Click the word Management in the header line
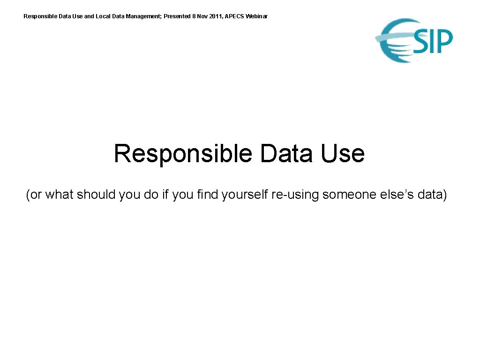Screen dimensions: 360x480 [143, 16]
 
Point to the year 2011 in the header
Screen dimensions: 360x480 [216, 16]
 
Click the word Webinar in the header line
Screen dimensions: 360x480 [257, 16]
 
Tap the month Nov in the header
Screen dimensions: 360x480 [202, 16]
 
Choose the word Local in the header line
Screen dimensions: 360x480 [103, 16]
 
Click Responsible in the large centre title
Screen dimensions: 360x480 [183, 154]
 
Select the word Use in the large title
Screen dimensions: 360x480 [342, 154]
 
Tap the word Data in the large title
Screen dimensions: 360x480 [286, 154]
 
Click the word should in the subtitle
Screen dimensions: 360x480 [96, 195]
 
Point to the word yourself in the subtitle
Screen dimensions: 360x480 [245, 195]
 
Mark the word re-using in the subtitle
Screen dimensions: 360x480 [295, 195]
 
